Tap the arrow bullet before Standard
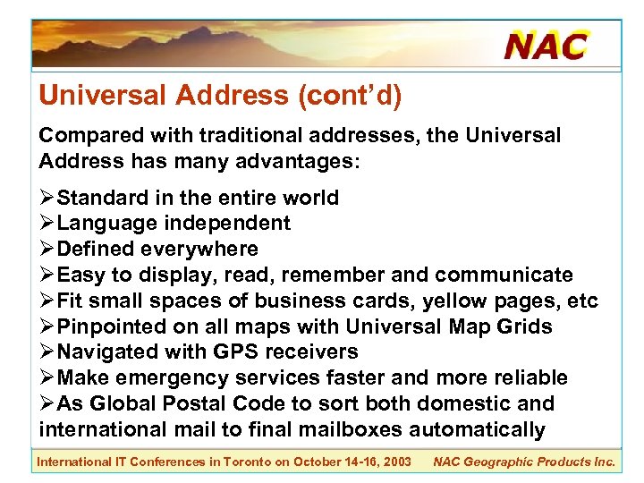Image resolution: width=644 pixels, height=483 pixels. click(x=47, y=198)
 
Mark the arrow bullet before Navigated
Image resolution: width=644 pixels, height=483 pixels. click(x=47, y=352)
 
